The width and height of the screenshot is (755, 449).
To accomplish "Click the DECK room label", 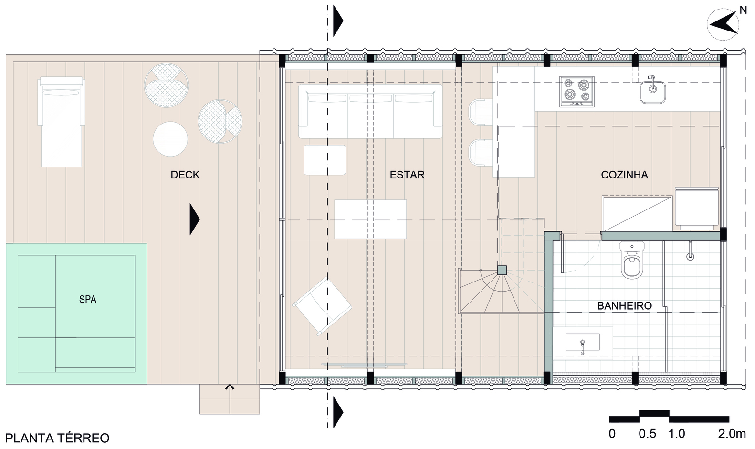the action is [185, 175].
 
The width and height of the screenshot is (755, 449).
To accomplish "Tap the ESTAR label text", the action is [407, 175].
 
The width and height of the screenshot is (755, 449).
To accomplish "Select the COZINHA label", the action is [625, 175].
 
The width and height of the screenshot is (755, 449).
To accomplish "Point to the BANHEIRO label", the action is [625, 306].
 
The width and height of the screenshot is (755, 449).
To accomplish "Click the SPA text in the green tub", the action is [88, 299].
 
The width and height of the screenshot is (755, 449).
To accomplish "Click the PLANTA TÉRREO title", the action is [57, 438].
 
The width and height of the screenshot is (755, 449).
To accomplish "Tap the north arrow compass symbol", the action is [723, 25].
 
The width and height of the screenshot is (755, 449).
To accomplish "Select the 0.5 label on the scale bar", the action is [647, 434].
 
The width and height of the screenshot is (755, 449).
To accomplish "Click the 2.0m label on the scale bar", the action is [732, 434].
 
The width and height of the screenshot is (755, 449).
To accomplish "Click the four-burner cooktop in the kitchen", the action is [577, 92].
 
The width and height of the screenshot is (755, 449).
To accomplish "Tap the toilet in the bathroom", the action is [632, 261].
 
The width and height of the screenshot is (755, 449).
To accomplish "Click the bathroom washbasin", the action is [582, 342].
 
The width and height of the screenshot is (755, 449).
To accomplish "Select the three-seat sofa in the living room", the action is [370, 111].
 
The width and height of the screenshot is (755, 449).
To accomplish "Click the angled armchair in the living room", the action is [322, 306].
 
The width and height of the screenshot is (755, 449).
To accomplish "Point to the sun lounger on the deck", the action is [61, 122].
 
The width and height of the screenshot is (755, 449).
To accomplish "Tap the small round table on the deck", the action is [170, 139].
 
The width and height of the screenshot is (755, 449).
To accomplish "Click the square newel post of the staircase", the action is [502, 271].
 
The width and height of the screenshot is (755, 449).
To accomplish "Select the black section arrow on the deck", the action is [195, 219].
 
